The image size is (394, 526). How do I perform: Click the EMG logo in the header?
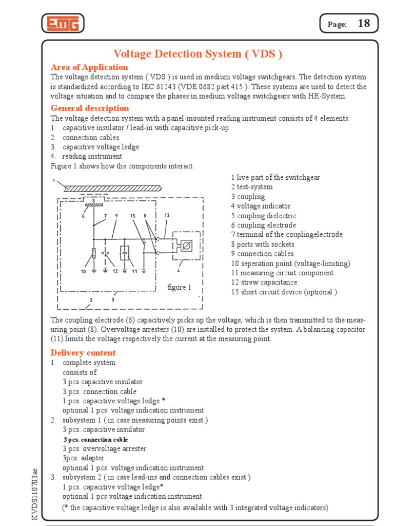(x=63, y=23)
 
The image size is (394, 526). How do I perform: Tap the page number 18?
(x=363, y=24)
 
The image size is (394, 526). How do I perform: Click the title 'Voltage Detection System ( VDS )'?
(x=198, y=54)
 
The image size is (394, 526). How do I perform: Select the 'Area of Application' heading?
(x=89, y=67)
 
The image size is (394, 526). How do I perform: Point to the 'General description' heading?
(x=90, y=108)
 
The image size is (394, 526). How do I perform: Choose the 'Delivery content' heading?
(x=83, y=352)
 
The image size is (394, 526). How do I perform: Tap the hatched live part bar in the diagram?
(x=113, y=189)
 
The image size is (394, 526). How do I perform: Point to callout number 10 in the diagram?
(x=83, y=271)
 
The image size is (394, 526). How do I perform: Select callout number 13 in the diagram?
(x=167, y=215)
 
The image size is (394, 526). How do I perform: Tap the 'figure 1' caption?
(x=180, y=287)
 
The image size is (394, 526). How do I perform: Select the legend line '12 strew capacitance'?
(x=264, y=282)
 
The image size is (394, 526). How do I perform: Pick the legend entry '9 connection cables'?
(x=262, y=254)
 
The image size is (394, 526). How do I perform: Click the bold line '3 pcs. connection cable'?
(x=95, y=440)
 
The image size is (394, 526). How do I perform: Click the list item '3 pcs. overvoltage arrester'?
(x=104, y=448)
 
